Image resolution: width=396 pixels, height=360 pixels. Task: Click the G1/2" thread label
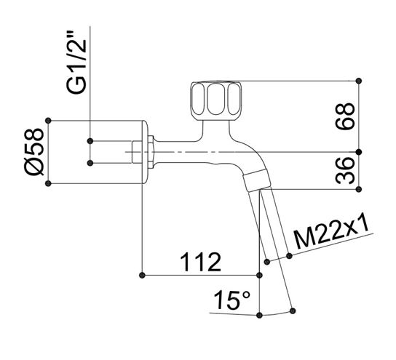pos(76,63)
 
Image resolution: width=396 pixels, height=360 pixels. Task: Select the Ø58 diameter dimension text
pos(34,151)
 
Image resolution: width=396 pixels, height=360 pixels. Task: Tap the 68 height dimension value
pos(345,116)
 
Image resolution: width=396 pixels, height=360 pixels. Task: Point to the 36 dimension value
pos(345,171)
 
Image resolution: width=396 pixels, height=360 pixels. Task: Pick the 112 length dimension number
pos(200,263)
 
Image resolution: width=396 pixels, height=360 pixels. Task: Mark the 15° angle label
pos(231,300)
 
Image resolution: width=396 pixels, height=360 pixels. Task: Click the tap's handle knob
pos(216,101)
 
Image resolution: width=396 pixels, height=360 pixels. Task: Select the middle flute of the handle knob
pos(216,99)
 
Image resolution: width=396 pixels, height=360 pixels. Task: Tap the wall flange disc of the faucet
pos(144,152)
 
